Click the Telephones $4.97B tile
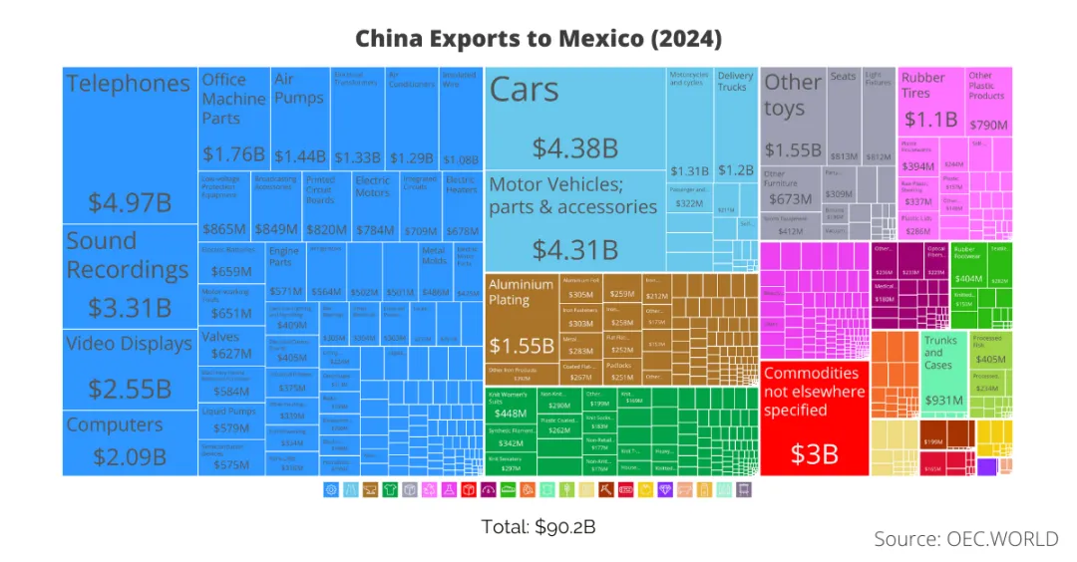[x=130, y=149]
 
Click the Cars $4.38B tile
[x=574, y=120]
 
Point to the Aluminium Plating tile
[x=521, y=319]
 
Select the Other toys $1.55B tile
[x=794, y=115]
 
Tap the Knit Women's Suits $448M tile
[x=510, y=409]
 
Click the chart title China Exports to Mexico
[x=538, y=39]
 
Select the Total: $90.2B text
[x=538, y=526]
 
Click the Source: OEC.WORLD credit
[x=965, y=539]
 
